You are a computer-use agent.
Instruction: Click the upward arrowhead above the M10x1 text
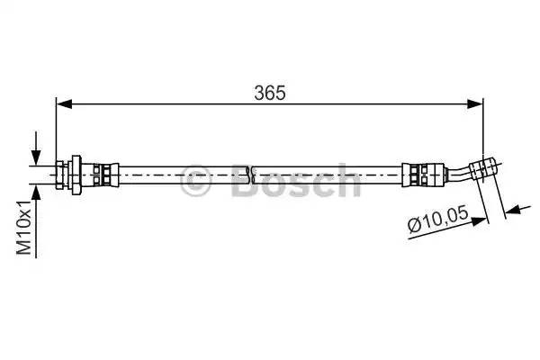pyautogui.click(x=36, y=191)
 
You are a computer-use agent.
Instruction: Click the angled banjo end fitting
pyautogui.click(x=487, y=166)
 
